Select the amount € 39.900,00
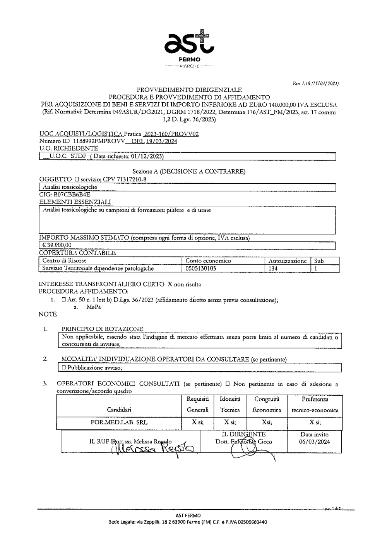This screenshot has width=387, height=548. (x=57, y=245)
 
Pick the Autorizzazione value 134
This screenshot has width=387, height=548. (x=273, y=268)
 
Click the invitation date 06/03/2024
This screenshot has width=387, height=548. (x=314, y=442)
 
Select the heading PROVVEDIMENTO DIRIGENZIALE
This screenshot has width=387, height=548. (x=189, y=90)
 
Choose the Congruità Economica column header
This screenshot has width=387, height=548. (x=267, y=404)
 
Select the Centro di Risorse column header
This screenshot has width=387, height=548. (x=65, y=261)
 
